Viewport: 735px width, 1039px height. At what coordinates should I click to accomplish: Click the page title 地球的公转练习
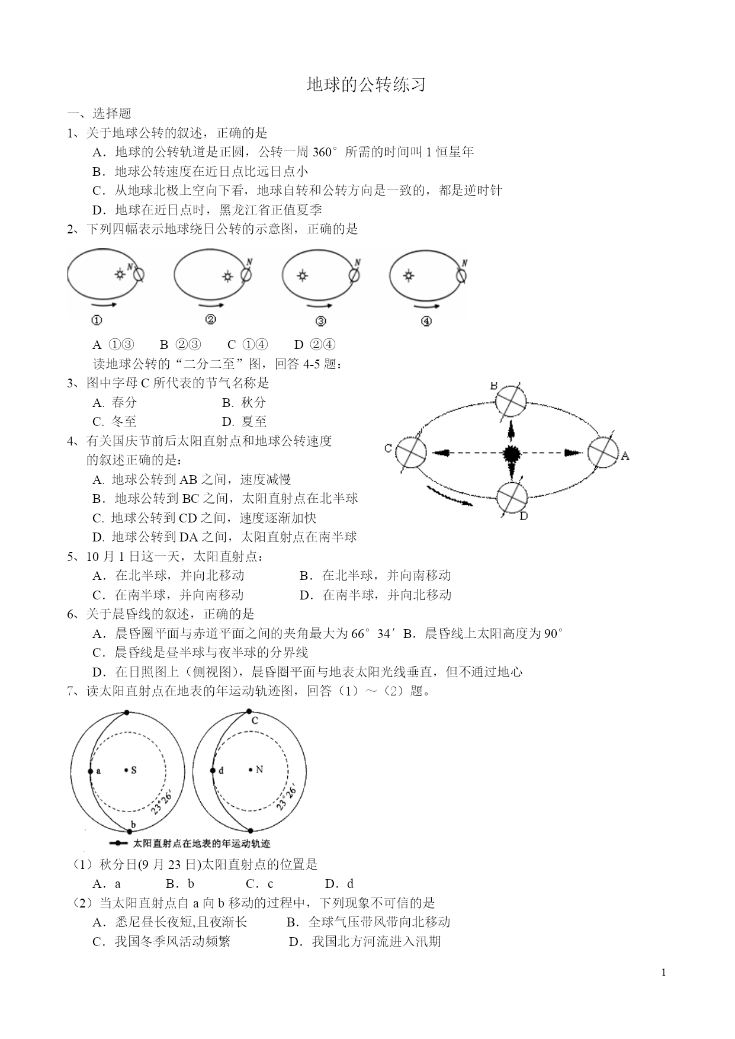click(x=366, y=85)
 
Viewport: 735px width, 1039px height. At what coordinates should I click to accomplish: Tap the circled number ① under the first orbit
click(x=97, y=320)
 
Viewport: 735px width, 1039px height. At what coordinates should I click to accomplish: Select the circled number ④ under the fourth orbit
click(x=426, y=321)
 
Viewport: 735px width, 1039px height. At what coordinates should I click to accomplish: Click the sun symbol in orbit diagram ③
click(x=303, y=275)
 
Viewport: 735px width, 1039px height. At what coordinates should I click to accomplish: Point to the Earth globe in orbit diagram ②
click(x=246, y=275)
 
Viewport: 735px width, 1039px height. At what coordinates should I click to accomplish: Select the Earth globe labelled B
click(x=510, y=400)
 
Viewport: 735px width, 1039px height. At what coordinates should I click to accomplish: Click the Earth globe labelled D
click(x=511, y=498)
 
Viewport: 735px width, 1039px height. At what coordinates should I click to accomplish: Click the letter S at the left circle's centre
click(x=134, y=770)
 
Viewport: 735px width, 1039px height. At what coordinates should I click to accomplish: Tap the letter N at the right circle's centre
click(x=259, y=769)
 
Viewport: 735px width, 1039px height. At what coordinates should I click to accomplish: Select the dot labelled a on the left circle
click(x=90, y=771)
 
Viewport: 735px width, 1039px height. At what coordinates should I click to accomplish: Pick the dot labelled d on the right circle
click(x=213, y=771)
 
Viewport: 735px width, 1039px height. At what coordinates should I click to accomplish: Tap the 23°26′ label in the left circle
click(x=161, y=801)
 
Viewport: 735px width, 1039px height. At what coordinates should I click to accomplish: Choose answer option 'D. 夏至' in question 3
click(x=244, y=422)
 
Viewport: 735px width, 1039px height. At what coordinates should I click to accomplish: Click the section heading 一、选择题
click(x=99, y=114)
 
